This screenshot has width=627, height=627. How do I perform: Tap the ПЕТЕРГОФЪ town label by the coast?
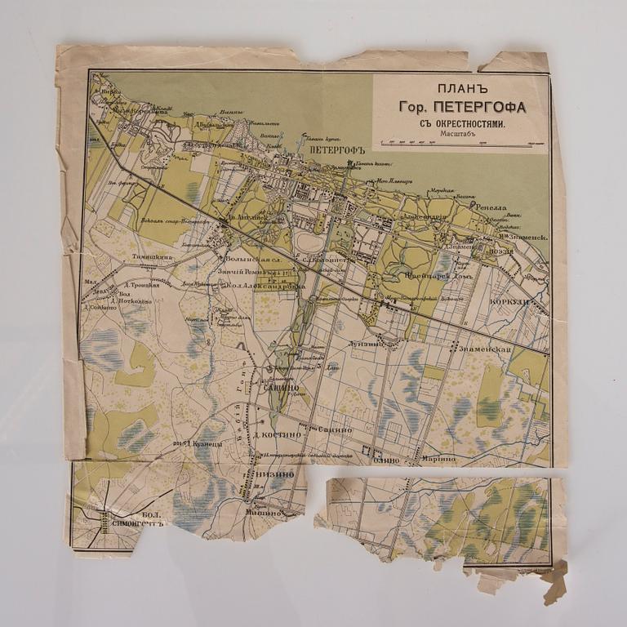(x=330, y=151)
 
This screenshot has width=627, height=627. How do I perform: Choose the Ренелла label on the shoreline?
(x=495, y=207)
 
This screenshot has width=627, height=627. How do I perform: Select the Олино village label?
(x=386, y=460)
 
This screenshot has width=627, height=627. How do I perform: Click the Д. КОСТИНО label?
(x=281, y=434)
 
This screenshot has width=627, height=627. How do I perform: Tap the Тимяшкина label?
(x=148, y=256)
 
